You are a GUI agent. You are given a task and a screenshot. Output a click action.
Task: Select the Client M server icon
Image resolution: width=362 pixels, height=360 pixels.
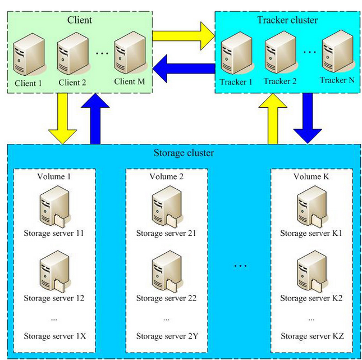pos(126,54)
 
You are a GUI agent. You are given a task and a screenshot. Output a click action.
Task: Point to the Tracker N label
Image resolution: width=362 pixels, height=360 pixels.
pos(337,80)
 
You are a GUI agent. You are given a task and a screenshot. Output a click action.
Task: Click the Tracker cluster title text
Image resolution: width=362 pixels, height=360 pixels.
pos(287,20)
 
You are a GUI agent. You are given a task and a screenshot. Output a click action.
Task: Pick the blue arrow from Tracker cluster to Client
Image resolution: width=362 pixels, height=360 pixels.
pos(183,69)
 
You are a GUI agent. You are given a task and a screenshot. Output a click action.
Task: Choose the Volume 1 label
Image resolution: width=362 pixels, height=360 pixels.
pos(54,176)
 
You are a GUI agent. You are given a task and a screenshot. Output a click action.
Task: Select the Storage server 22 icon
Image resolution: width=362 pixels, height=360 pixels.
pos(166,272)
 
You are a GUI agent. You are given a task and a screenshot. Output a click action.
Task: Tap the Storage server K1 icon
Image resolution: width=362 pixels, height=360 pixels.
pos(310,208)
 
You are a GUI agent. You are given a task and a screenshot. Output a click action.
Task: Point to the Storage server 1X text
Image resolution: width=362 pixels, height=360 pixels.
pos(54,336)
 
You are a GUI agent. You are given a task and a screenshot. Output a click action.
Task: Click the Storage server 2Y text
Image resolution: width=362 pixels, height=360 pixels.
pos(166,336)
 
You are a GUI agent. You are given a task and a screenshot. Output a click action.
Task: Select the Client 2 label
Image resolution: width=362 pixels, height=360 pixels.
pos(73,82)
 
